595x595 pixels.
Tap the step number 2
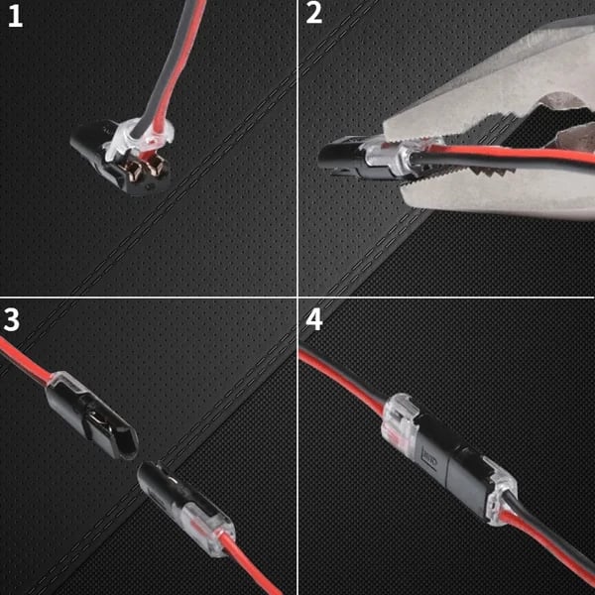pos(314,15)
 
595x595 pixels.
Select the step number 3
pos(13,320)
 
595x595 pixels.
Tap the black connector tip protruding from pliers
pos(337,158)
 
